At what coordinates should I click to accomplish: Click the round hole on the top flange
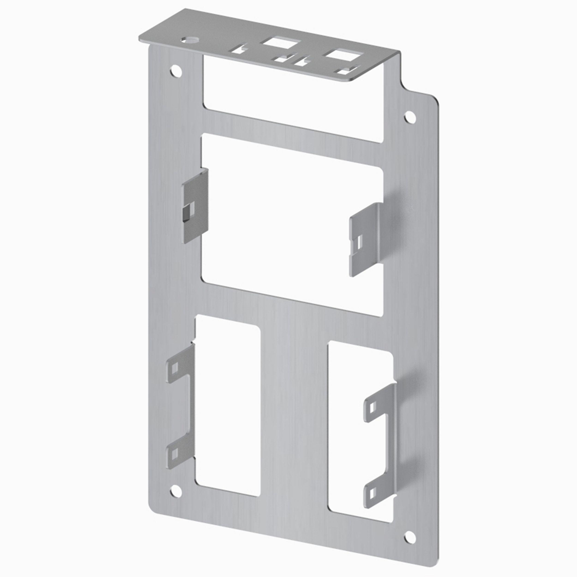[191, 39]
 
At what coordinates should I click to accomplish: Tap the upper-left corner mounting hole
[176, 72]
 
